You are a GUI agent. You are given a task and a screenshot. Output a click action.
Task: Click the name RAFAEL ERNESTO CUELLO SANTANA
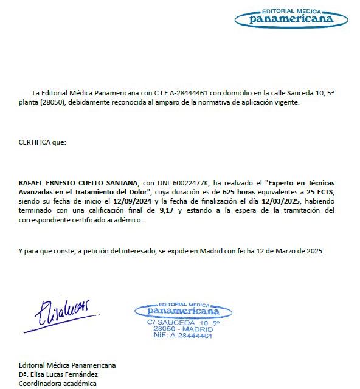point(78,182)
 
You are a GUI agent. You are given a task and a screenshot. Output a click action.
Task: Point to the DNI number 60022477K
point(190,182)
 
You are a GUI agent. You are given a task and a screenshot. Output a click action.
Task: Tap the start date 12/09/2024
point(133,201)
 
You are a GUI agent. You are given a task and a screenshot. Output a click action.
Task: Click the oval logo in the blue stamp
point(183,310)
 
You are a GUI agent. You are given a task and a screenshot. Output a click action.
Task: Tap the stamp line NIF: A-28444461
point(182,336)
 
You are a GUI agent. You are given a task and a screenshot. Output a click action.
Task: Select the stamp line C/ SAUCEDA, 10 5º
point(183,322)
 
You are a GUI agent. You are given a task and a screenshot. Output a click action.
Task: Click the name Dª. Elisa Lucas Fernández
point(58,374)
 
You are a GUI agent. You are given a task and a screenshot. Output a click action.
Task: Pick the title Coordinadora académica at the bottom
point(57,384)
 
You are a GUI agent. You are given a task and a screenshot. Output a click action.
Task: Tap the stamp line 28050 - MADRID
point(182,329)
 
